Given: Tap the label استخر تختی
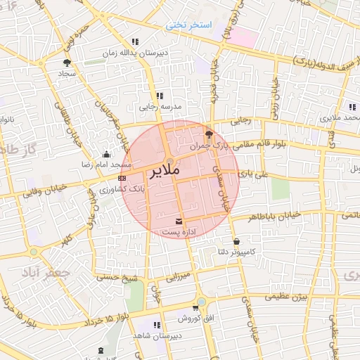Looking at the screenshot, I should pos(188,25).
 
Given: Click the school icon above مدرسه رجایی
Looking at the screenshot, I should pos(160,96).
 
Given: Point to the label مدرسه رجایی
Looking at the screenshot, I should pos(161,107).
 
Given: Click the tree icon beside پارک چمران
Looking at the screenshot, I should pos(207,134).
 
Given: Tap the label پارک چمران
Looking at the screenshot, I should pos(210,146).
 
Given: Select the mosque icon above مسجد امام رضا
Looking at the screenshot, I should pos(106,154).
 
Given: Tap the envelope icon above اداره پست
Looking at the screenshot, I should pos(177,221).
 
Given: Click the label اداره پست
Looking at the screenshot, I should pos(175,231).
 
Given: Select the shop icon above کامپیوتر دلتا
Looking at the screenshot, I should pos(236,241).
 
